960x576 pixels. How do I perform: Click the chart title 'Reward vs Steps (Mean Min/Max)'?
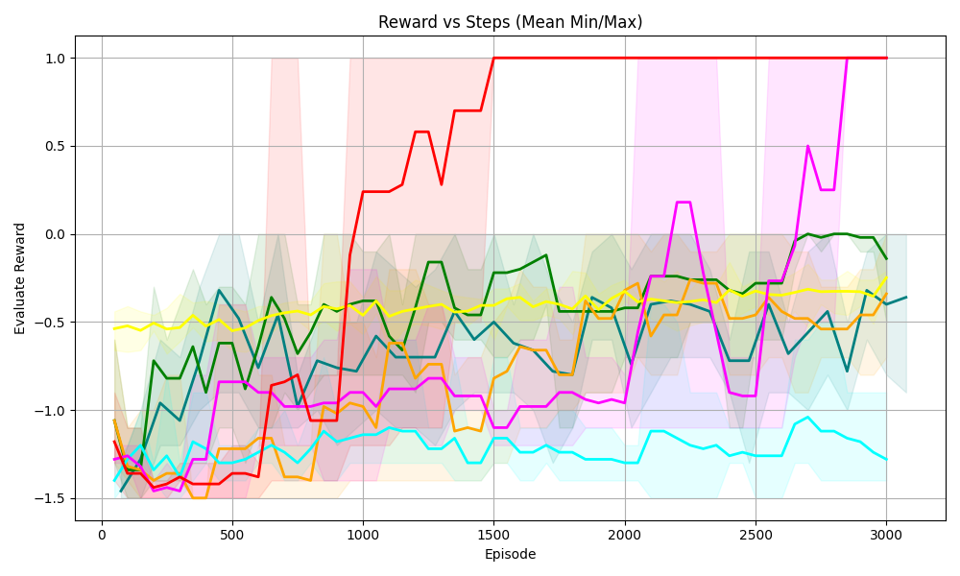510,22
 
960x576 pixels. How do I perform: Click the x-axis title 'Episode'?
510,554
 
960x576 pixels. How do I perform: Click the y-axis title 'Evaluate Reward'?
20,278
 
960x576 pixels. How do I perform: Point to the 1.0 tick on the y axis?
53,59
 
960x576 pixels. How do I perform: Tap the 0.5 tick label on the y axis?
53,146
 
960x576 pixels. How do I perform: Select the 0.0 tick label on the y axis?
53,234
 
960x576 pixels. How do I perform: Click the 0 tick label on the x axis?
102,534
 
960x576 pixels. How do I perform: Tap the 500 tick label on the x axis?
232,534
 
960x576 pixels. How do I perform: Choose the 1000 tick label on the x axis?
363,534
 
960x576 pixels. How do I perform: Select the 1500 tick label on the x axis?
493,534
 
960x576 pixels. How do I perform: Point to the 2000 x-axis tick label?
625,534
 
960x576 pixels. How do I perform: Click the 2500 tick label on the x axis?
756,534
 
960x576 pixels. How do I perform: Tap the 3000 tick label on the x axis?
886,534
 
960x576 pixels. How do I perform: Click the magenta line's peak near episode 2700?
808,146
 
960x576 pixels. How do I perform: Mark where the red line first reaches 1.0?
493,58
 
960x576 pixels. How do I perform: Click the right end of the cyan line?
886,460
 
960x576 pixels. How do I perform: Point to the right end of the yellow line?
886,277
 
